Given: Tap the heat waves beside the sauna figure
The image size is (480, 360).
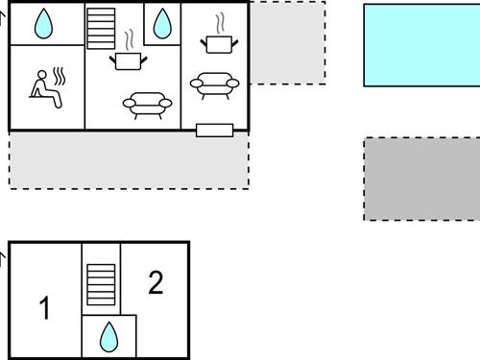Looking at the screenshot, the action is coord(59,77).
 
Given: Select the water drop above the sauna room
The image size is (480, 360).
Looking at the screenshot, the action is coord(44,23).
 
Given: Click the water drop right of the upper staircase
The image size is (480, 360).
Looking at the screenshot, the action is coord(162,23).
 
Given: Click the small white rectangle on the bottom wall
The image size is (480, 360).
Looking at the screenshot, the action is coord(213,131).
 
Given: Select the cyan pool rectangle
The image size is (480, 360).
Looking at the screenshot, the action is coord(421,45).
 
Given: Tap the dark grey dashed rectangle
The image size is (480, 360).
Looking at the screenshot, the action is coord(421,180).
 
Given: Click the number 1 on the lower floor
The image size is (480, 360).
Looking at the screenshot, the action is coord(44,308).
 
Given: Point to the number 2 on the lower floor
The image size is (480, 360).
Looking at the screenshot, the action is coord(156,282).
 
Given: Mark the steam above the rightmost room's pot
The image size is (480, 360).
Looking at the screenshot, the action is coord(221,21).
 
